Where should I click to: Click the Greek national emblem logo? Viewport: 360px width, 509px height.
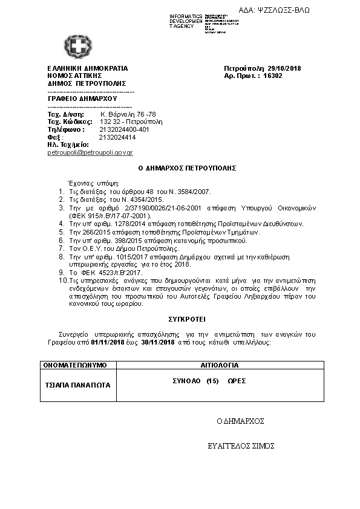tap(78, 47)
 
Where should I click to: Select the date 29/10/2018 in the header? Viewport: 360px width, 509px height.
tap(282, 68)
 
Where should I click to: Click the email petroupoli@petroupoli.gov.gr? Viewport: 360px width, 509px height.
tap(90, 153)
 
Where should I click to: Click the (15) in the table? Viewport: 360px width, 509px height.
tap(212, 381)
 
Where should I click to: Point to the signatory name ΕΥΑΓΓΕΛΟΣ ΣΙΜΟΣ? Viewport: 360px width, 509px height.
tap(241, 446)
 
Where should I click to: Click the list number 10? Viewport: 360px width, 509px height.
tap(62, 281)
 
